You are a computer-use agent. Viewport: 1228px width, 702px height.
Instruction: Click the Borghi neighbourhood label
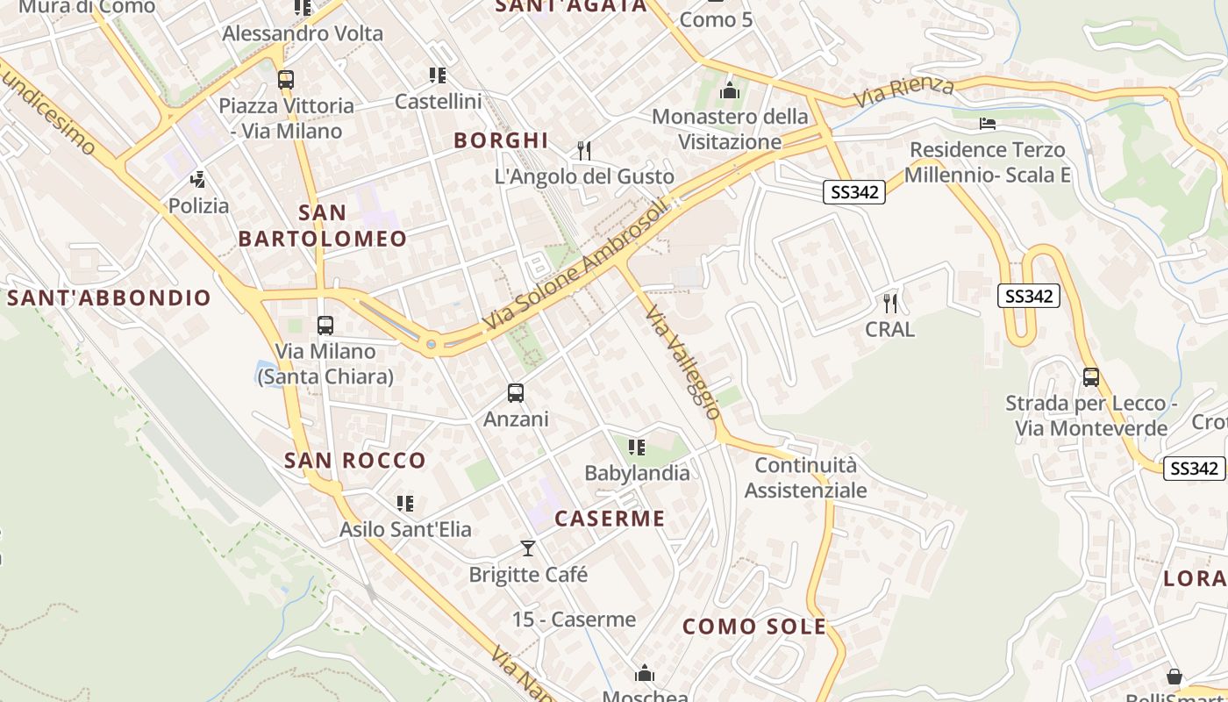click(501, 140)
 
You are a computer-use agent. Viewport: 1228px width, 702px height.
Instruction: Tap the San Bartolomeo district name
click(323, 226)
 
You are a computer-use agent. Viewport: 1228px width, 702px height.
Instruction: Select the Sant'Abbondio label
click(110, 297)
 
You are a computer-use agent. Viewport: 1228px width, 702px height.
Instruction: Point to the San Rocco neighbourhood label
click(355, 460)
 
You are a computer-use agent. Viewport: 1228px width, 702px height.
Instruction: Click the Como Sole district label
click(754, 627)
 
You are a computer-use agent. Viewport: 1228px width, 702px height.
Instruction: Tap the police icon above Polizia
click(198, 180)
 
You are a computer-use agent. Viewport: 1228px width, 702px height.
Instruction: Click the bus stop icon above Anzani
click(516, 392)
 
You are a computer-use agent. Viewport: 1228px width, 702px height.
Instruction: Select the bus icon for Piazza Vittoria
click(286, 79)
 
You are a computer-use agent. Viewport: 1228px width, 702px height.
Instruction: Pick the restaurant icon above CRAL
click(890, 304)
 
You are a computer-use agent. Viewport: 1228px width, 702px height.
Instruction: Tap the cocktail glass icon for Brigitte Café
click(528, 548)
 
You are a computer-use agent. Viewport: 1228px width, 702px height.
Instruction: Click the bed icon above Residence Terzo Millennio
click(988, 124)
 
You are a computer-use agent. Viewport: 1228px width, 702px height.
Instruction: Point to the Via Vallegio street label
click(683, 361)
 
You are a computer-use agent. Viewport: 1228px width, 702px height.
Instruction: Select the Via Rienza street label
click(903, 91)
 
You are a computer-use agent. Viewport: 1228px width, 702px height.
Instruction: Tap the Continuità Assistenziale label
click(805, 477)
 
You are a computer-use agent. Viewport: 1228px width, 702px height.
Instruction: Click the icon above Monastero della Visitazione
click(730, 90)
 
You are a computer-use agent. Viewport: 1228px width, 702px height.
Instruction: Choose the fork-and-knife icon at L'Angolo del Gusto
click(584, 150)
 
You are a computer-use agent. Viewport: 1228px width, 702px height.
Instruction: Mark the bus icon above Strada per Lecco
click(1091, 377)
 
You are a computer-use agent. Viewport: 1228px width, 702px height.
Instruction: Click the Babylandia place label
click(637, 473)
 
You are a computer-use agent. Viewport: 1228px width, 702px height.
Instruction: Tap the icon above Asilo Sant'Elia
click(405, 504)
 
